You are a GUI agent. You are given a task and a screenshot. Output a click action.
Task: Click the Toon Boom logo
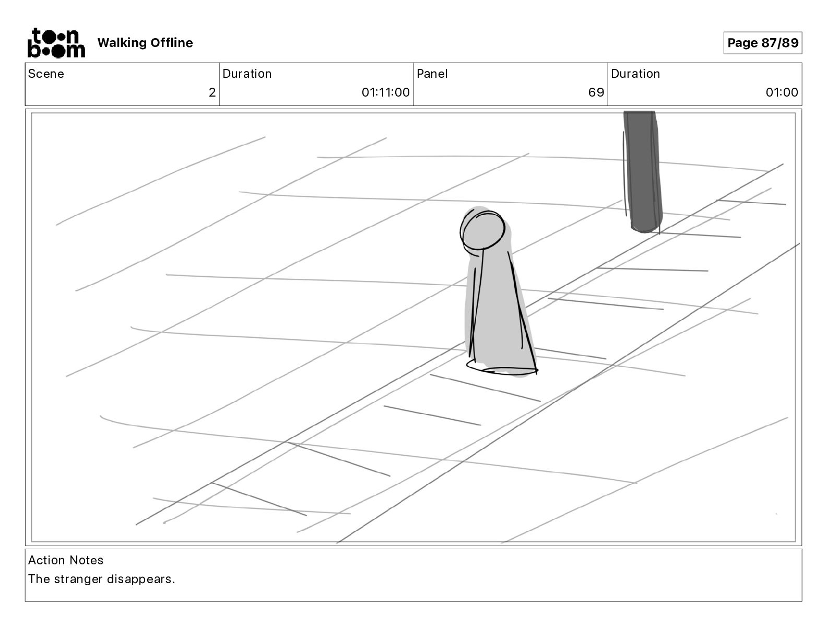56,43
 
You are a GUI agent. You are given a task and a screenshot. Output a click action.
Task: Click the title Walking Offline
145,43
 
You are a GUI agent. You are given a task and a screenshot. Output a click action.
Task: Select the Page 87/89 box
762,43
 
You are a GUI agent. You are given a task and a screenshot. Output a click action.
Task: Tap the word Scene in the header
46,74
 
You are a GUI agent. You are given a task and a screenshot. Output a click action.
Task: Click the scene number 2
212,93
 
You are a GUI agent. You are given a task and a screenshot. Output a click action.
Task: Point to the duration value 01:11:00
385,93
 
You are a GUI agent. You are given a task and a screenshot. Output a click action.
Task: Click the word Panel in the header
432,74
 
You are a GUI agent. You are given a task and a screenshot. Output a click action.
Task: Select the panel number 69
596,93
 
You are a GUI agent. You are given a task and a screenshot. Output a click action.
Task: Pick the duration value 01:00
782,93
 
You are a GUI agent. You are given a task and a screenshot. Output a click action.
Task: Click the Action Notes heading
66,560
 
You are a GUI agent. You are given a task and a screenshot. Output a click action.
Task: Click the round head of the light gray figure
483,230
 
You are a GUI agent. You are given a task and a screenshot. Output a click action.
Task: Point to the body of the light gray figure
496,313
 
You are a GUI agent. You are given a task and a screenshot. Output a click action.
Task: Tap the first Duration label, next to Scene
247,74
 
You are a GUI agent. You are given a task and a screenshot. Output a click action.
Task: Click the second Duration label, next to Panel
635,74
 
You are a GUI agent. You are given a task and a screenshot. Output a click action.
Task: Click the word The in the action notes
39,579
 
